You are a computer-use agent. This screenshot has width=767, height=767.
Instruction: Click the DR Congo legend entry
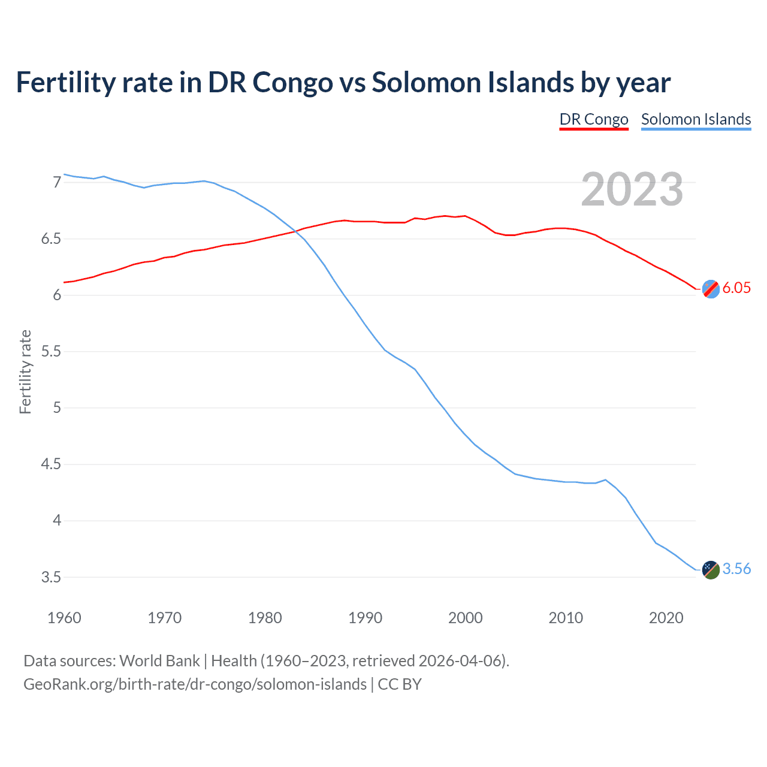point(593,119)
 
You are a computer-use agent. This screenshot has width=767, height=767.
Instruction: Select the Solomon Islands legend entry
point(696,119)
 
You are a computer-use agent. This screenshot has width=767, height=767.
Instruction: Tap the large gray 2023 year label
point(632,189)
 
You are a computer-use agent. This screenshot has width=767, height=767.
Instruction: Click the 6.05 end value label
point(736,288)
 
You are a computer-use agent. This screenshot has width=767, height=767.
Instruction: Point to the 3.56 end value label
point(736,569)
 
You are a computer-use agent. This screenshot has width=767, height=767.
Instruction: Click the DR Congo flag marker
point(710,289)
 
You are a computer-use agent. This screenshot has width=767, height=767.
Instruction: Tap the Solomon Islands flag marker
point(710,569)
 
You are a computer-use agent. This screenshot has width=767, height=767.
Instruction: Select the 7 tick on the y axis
point(57,182)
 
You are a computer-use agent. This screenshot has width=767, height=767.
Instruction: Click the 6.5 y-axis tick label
point(51,239)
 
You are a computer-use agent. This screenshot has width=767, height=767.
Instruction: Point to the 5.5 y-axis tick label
point(51,352)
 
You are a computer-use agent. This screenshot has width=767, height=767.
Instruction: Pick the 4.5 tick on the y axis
point(51,464)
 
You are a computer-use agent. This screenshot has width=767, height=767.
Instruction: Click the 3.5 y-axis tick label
point(51,578)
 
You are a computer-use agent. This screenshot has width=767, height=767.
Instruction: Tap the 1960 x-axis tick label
point(64,618)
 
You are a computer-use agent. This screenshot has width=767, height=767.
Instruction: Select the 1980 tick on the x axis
point(265,618)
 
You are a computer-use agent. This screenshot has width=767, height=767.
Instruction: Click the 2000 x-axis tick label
point(465,618)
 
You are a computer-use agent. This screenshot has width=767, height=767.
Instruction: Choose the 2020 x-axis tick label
point(666,618)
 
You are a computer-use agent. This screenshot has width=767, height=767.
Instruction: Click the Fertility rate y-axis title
point(25,372)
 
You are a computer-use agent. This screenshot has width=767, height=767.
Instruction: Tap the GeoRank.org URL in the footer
point(195,684)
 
